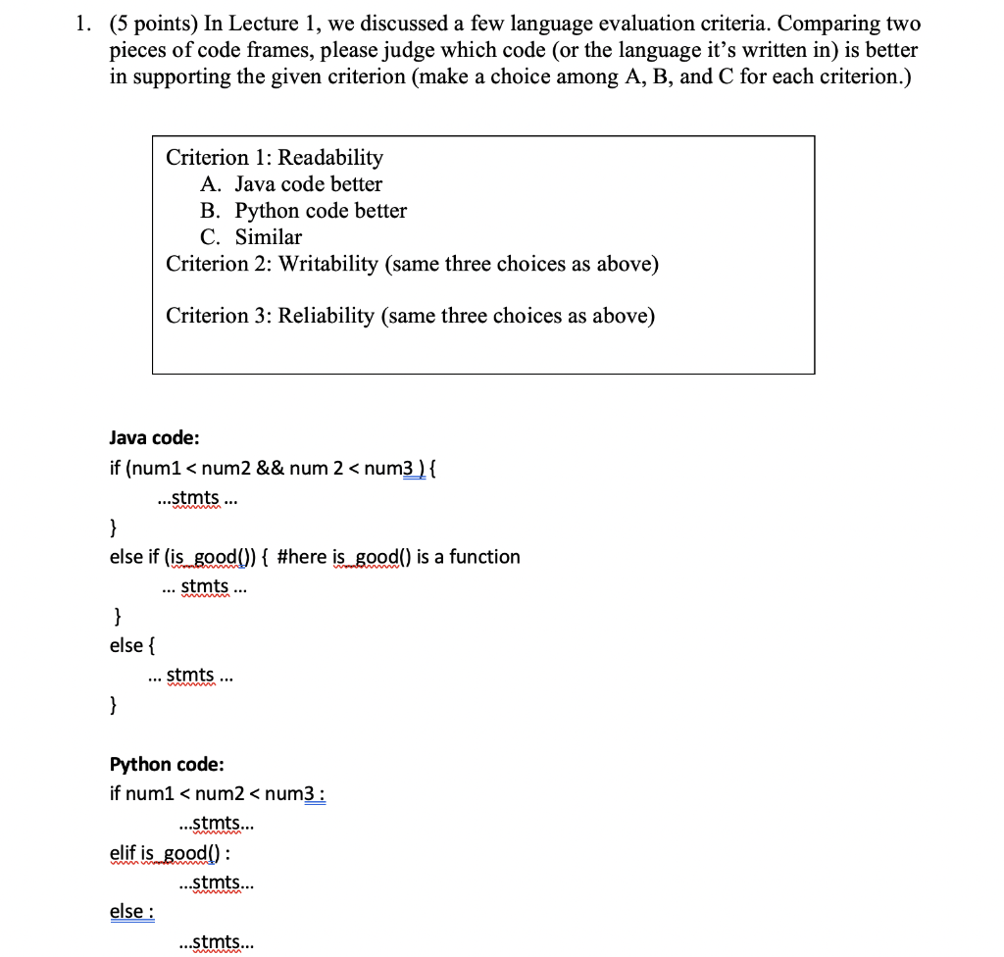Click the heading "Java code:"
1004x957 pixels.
pyautogui.click(x=155, y=438)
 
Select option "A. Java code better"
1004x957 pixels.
pyautogui.click(x=291, y=184)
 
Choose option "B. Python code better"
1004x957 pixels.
pyautogui.click(x=303, y=211)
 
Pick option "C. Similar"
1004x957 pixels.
pyautogui.click(x=251, y=237)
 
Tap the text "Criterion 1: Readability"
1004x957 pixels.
pyautogui.click(x=275, y=158)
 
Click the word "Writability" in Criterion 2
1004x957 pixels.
pyautogui.click(x=327, y=264)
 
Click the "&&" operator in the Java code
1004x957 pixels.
pyautogui.click(x=271, y=469)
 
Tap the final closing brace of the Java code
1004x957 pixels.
pyautogui.click(x=115, y=704)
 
